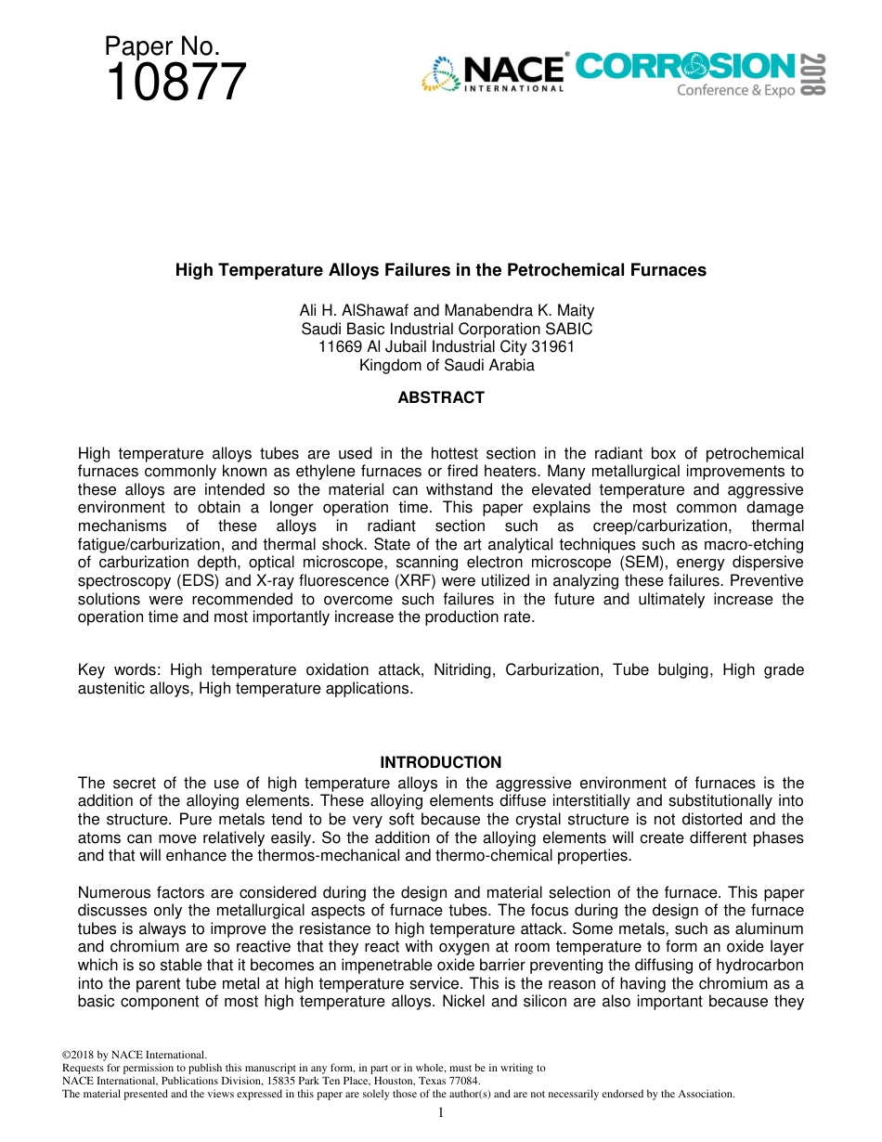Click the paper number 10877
pyautogui.click(x=176, y=84)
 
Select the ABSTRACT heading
pyautogui.click(x=441, y=397)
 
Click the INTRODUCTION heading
pyautogui.click(x=441, y=762)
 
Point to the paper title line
pyautogui.click(x=441, y=270)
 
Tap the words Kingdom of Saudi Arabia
pyautogui.click(x=447, y=365)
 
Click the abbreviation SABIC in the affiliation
pyautogui.click(x=565, y=329)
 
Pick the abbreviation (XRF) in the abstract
pyautogui.click(x=423, y=580)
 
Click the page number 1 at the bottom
pyautogui.click(x=441, y=1112)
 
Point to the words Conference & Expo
pyautogui.click(x=735, y=90)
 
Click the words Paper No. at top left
pyautogui.click(x=162, y=46)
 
